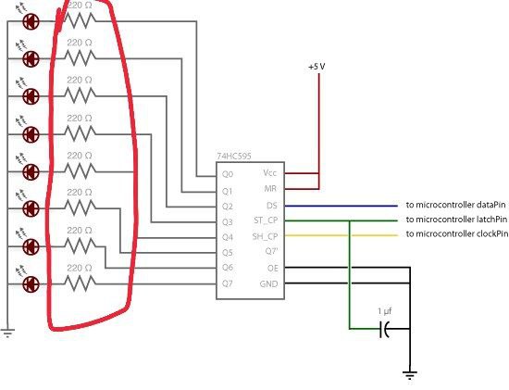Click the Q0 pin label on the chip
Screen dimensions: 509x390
(x=228, y=174)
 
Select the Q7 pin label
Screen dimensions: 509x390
(x=228, y=283)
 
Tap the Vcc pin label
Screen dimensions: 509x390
(x=269, y=173)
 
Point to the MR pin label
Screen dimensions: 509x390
(x=270, y=188)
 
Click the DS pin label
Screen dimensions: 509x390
(x=272, y=206)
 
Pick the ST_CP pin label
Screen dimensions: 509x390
(x=266, y=220)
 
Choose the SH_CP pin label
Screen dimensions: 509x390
(x=265, y=236)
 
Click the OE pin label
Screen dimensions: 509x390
(x=273, y=268)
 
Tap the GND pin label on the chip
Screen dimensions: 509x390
(x=268, y=283)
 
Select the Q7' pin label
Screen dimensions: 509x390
(x=271, y=251)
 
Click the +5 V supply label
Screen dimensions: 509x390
(x=317, y=67)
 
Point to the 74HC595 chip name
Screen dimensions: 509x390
(x=234, y=157)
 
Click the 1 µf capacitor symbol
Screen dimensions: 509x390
(x=385, y=329)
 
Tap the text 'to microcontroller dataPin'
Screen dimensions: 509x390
(x=455, y=205)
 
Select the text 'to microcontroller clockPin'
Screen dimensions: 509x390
(x=457, y=233)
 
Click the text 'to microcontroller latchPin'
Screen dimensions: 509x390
(x=456, y=220)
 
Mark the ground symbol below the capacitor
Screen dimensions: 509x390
(x=410, y=375)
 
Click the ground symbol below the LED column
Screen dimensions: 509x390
(x=7, y=333)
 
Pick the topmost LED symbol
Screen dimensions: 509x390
(x=31, y=22)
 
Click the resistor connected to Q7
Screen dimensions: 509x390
(x=81, y=283)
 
